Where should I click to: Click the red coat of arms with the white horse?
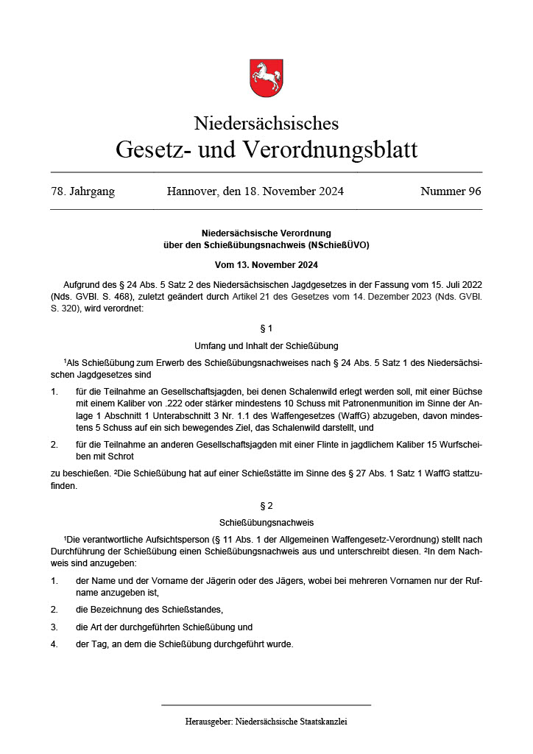pos(266,78)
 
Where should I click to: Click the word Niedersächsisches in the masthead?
pos(266,123)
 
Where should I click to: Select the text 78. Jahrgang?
pos(82,191)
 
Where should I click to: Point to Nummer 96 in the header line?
pos(451,191)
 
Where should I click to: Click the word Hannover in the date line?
pos(192,191)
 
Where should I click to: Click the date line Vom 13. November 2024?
pos(266,264)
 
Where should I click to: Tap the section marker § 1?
pos(266,328)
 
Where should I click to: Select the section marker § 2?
pos(266,506)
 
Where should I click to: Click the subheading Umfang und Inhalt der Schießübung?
pos(266,345)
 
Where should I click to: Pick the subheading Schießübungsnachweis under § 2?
pos(266,523)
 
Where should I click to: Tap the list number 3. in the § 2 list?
pos(54,627)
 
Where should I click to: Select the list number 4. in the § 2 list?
pos(54,644)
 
